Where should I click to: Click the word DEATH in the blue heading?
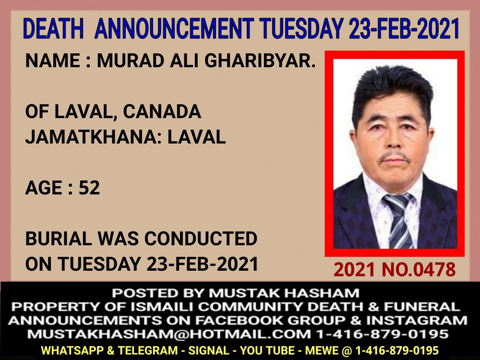click(53, 28)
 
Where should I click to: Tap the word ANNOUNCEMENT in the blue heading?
click(175, 28)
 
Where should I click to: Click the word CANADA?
click(162, 111)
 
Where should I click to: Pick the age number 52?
click(89, 188)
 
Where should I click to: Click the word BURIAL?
click(58, 239)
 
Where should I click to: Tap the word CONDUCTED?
click(201, 239)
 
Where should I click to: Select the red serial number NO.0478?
click(419, 270)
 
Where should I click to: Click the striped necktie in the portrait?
click(398, 221)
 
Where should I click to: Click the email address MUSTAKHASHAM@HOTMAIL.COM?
click(169, 334)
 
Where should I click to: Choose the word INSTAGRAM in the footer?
click(417, 320)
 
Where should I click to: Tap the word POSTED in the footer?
click(145, 293)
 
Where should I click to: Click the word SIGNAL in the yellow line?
click(208, 350)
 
